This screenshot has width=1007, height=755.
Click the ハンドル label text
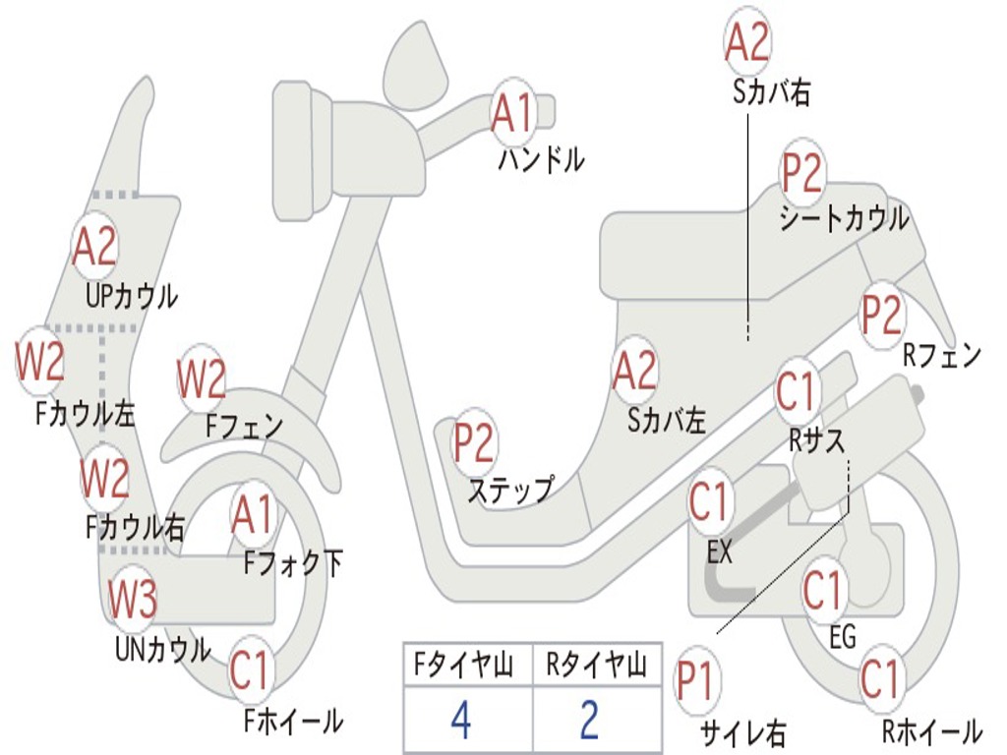pyautogui.click(x=541, y=159)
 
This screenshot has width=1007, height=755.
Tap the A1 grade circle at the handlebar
pyautogui.click(x=513, y=113)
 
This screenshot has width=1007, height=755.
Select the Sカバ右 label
pyautogui.click(x=772, y=92)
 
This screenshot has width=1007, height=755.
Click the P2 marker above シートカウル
pyautogui.click(x=801, y=174)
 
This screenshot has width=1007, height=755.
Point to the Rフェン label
pyautogui.click(x=942, y=356)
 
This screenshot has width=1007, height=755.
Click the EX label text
pyautogui.click(x=720, y=552)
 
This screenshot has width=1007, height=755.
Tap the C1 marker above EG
pyautogui.click(x=822, y=591)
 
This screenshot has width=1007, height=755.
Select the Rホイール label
pyautogui.click(x=931, y=730)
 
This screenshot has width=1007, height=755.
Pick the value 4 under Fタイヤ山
pyautogui.click(x=460, y=721)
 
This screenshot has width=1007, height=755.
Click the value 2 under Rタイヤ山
pyautogui.click(x=589, y=721)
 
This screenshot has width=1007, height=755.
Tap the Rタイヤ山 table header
pyautogui.click(x=596, y=667)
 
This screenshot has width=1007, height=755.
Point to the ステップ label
pyautogui.click(x=509, y=491)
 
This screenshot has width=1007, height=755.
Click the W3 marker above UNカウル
pyautogui.click(x=132, y=599)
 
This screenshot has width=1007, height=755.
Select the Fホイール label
pyautogui.click(x=293, y=722)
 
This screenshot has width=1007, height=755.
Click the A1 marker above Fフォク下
pyautogui.click(x=254, y=514)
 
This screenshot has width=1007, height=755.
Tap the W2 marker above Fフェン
pyautogui.click(x=202, y=378)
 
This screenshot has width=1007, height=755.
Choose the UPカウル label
pyautogui.click(x=132, y=295)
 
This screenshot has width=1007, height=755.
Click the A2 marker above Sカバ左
pyautogui.click(x=633, y=372)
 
